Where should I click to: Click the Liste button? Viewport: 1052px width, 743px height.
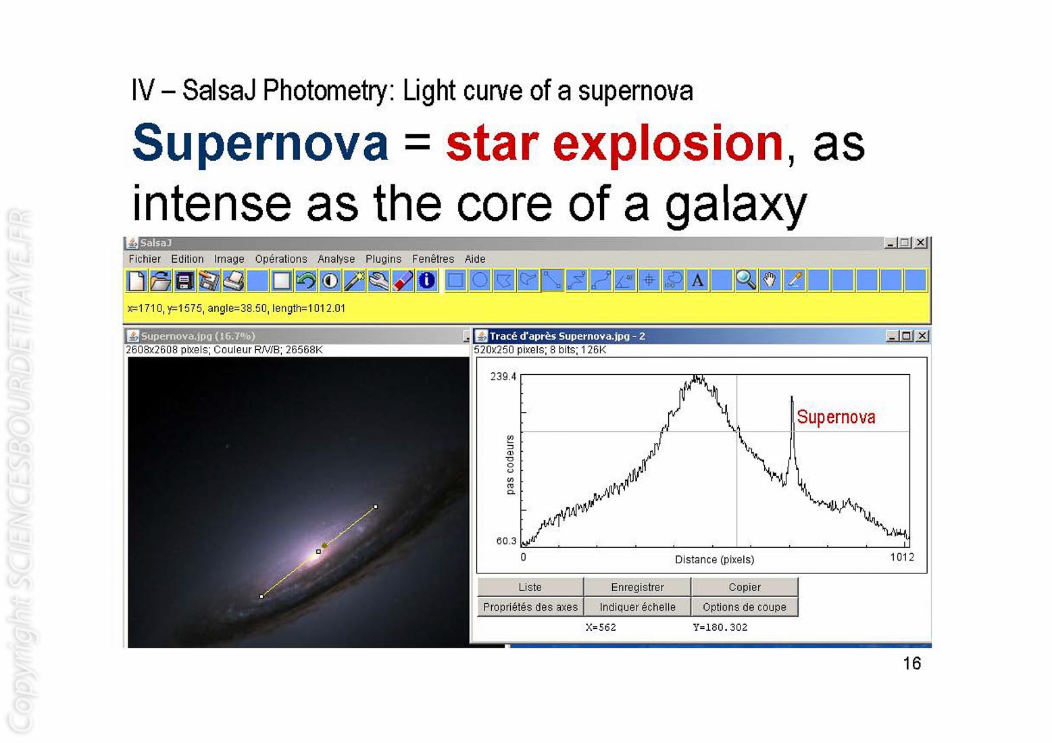[530, 587]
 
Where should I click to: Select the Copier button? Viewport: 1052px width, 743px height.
[745, 587]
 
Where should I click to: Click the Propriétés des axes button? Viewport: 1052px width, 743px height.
[530, 607]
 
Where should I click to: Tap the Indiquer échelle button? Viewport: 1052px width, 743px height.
[637, 607]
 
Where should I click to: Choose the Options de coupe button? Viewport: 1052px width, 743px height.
[745, 607]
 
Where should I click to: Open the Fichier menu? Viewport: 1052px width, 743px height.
[145, 259]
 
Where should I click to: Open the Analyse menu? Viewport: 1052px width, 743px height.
[336, 259]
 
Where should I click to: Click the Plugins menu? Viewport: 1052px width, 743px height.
[383, 259]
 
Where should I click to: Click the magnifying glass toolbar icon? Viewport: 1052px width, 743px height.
[745, 280]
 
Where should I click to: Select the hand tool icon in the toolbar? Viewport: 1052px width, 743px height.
[770, 280]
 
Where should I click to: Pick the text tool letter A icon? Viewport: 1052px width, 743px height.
[697, 280]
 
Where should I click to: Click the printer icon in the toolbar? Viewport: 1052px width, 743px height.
[233, 280]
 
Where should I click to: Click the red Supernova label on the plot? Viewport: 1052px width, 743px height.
[836, 417]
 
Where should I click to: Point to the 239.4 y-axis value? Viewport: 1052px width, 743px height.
[503, 376]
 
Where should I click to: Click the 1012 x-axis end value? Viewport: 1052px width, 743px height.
[902, 557]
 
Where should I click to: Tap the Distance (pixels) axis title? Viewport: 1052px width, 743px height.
[714, 559]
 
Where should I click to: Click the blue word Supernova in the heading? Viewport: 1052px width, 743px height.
[261, 143]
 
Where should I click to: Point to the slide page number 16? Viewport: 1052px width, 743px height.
[911, 663]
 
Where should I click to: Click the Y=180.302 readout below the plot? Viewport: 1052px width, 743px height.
[720, 627]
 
